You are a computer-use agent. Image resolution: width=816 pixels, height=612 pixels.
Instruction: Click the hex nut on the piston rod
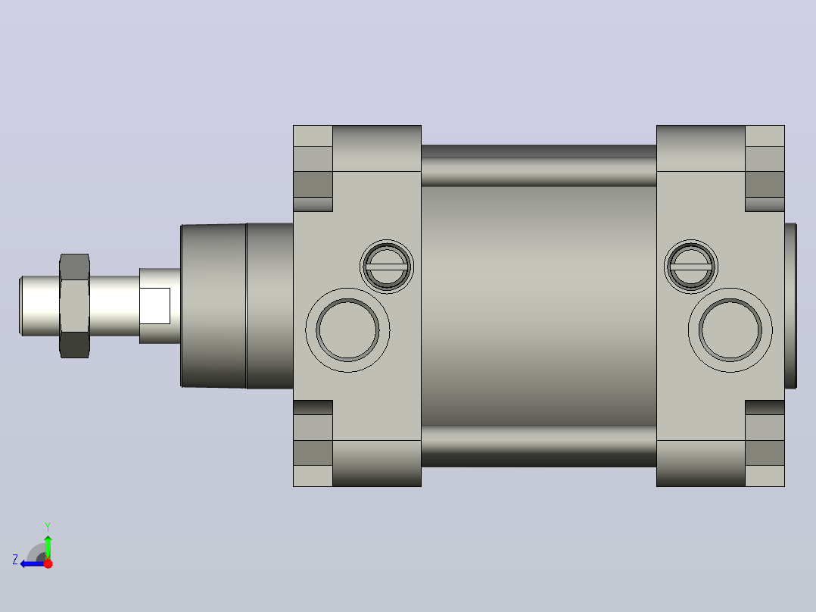pyautogui.click(x=74, y=306)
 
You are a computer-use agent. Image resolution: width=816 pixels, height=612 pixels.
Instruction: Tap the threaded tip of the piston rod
pyautogui.click(x=39, y=306)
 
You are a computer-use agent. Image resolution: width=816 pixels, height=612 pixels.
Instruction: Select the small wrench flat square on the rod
pyautogui.click(x=154, y=306)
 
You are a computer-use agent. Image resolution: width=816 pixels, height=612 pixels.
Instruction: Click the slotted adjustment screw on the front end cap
pyautogui.click(x=387, y=266)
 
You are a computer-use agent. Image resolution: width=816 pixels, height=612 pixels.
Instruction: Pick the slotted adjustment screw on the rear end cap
pyautogui.click(x=691, y=266)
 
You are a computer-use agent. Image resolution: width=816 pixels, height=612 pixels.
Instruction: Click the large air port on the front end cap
pyautogui.click(x=347, y=329)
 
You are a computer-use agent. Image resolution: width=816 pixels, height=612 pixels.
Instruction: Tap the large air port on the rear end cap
pyautogui.click(x=730, y=329)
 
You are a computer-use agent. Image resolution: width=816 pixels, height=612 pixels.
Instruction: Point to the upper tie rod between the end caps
pyautogui.click(x=539, y=166)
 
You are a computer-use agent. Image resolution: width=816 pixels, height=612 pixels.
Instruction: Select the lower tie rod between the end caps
pyautogui.click(x=539, y=446)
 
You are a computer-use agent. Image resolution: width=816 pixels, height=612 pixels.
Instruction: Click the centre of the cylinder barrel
pyautogui.click(x=539, y=306)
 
